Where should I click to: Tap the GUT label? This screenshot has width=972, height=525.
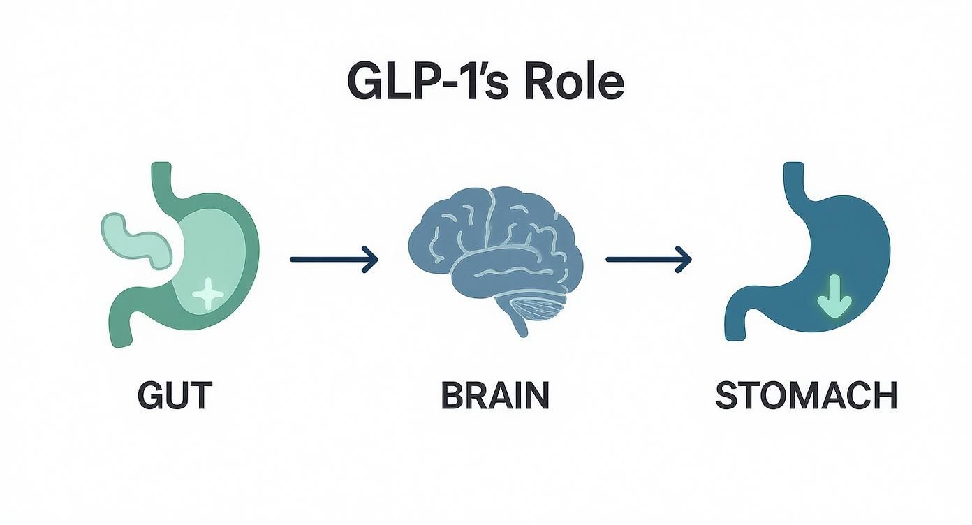(x=174, y=396)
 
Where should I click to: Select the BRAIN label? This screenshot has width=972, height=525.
(x=495, y=396)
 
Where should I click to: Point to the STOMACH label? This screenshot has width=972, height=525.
(x=807, y=396)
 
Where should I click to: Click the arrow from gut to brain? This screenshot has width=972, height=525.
(x=334, y=260)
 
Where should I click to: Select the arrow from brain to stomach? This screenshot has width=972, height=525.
(x=648, y=260)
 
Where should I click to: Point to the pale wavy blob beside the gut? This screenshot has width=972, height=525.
(x=136, y=241)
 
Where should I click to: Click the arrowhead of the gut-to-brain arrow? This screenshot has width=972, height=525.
(x=371, y=260)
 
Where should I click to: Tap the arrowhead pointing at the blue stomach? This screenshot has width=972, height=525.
(x=685, y=260)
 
